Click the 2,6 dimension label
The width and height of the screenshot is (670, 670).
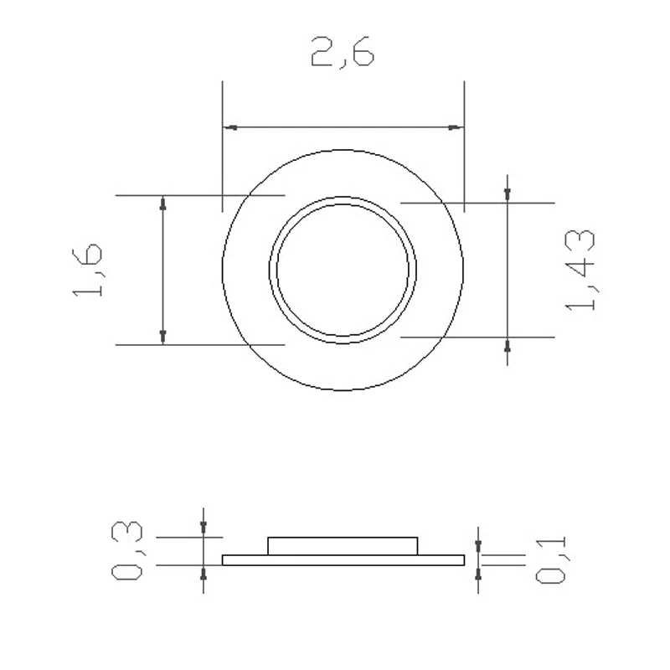[343, 52]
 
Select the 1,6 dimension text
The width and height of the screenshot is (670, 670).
[88, 270]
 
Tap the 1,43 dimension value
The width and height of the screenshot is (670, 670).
[580, 270]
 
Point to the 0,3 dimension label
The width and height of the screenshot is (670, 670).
[127, 551]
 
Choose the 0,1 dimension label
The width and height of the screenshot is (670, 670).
[551, 559]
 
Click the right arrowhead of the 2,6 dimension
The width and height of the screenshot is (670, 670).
[456, 127]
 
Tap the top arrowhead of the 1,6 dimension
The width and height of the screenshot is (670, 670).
[162, 203]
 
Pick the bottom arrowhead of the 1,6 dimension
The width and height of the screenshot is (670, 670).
[162, 337]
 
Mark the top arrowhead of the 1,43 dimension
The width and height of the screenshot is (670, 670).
[508, 195]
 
